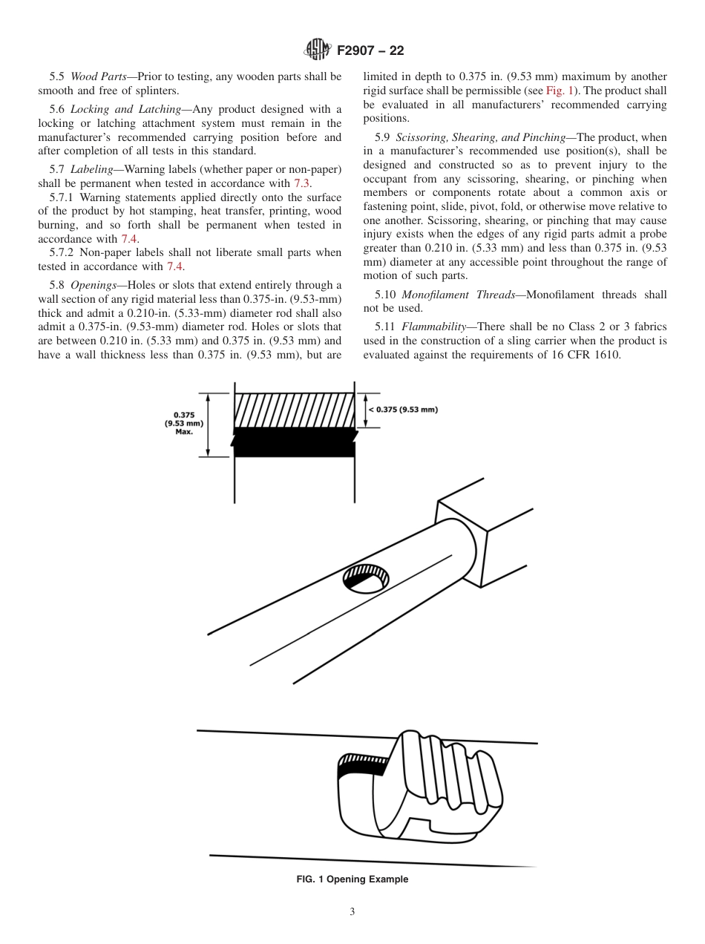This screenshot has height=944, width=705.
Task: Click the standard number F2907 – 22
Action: pyautogui.click(x=370, y=50)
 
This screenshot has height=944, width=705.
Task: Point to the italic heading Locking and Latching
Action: pyautogui.click(x=125, y=109)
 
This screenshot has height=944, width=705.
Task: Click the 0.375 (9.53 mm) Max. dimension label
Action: pyautogui.click(x=183, y=423)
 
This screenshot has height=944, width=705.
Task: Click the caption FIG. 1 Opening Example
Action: pyautogui.click(x=352, y=879)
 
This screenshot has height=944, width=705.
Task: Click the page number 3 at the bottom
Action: pyautogui.click(x=352, y=912)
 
